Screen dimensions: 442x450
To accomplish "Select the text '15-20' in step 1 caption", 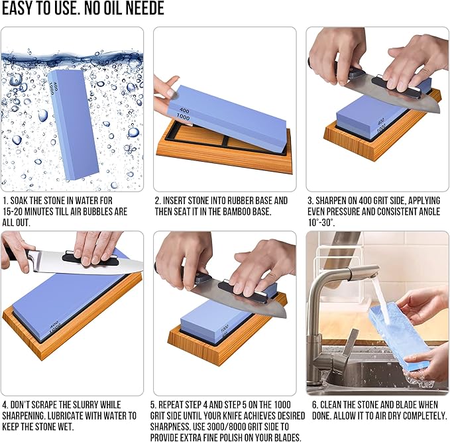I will click(x=14, y=212).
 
